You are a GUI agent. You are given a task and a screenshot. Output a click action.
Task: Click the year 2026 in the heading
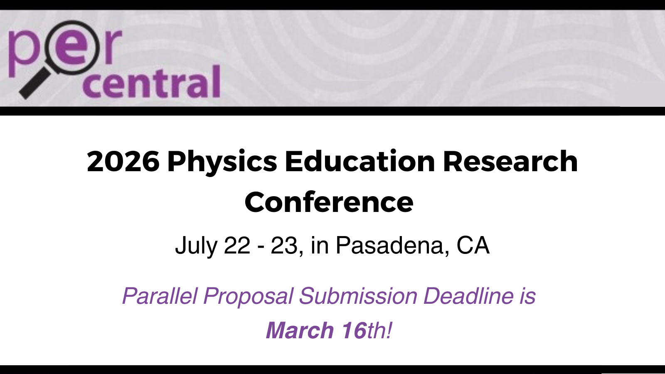(123, 161)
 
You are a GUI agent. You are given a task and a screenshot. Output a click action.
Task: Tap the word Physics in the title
(222, 162)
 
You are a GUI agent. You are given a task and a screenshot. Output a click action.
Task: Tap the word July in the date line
(196, 246)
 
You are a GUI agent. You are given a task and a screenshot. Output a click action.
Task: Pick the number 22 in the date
(237, 245)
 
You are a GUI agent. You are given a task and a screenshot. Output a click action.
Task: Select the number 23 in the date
(284, 245)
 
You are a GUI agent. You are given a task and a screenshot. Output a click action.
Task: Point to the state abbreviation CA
(473, 245)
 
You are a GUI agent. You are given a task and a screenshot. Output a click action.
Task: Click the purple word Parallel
(160, 295)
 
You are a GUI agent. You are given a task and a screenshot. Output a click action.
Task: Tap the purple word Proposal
(248, 297)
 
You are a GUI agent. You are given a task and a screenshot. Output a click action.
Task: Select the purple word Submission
(358, 295)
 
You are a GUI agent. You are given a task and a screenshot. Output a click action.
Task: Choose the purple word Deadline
(468, 295)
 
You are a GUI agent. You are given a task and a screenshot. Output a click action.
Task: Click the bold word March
(300, 330)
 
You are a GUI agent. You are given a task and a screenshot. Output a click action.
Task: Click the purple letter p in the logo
(22, 52)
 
